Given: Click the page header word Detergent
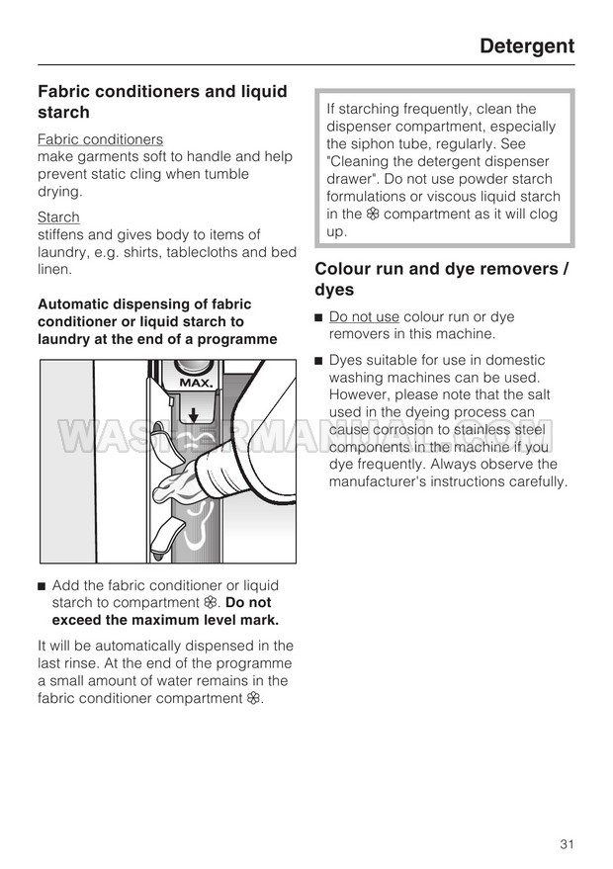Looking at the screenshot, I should pos(526,45).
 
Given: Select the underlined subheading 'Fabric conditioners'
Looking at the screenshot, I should pos(100,139).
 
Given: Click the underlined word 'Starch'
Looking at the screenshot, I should pos(58,217).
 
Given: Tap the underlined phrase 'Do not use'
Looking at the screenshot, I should pos(364,317).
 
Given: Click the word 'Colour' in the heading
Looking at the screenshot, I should pos(346,269).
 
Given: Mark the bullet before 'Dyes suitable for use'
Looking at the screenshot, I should pos(318,361).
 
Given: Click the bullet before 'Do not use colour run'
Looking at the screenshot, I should pos(318,317).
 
